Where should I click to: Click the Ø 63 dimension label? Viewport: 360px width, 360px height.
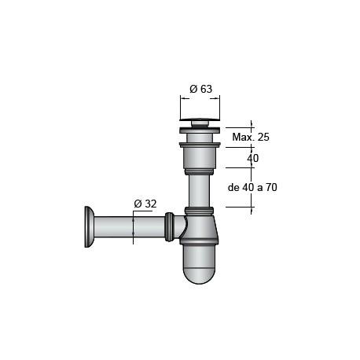201,89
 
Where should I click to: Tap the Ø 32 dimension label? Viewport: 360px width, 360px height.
145,204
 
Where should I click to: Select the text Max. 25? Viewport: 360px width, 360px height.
251,138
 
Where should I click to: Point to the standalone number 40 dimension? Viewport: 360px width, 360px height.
252,158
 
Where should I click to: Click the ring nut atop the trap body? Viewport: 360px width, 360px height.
200,211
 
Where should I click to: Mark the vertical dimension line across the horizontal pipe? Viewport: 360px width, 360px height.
134,228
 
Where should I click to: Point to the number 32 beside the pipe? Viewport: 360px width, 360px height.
149,204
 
